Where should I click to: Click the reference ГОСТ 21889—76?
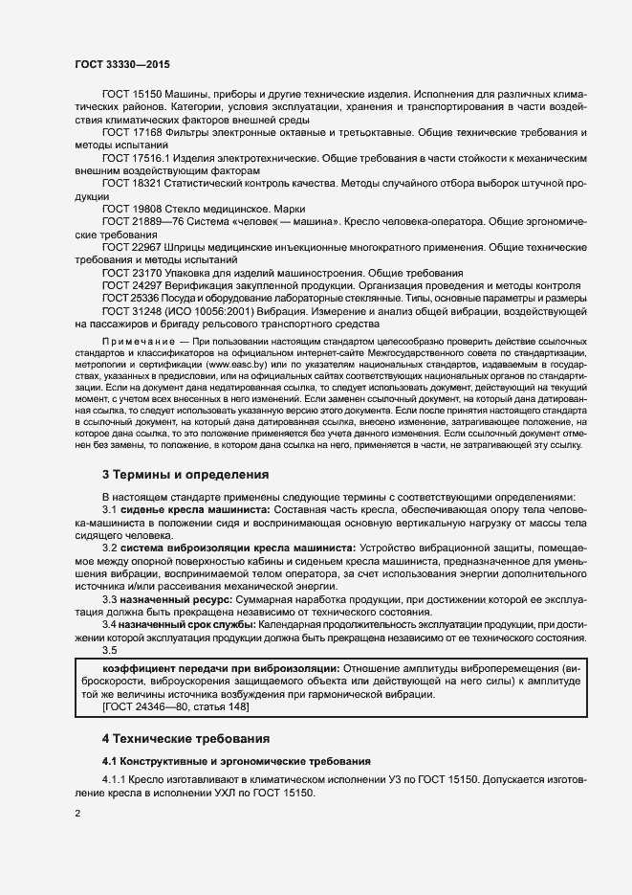click(140, 221)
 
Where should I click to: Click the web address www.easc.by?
click(235, 366)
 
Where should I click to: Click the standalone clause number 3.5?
click(110, 650)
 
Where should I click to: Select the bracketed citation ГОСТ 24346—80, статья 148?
click(175, 707)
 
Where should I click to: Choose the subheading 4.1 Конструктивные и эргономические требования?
click(235, 762)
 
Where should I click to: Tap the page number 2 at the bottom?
click(77, 815)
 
